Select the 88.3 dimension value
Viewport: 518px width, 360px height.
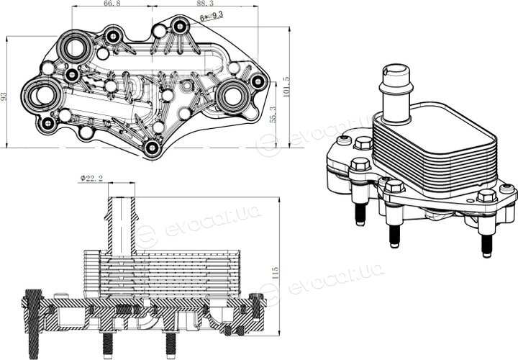coord(205,3)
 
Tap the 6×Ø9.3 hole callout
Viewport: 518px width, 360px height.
coord(212,16)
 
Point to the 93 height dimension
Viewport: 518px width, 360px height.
coord(4,96)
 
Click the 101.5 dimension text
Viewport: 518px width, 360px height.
coord(286,87)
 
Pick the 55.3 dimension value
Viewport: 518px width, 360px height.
coord(273,114)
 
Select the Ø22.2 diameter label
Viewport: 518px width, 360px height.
coord(91,179)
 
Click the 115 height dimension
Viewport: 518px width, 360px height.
coord(275,274)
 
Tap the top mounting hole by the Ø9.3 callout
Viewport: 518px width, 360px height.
coord(179,26)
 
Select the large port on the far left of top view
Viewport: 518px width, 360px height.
coord(42,95)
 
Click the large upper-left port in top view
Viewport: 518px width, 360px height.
coord(76,48)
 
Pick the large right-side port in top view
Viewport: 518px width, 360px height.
coord(232,95)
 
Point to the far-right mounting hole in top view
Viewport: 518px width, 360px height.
coord(258,81)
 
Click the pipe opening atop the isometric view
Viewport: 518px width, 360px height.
coord(396,70)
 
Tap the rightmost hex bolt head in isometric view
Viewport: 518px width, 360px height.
coord(487,197)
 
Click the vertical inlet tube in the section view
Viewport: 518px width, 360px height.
coord(122,225)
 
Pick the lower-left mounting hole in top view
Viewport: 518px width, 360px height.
coord(49,124)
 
